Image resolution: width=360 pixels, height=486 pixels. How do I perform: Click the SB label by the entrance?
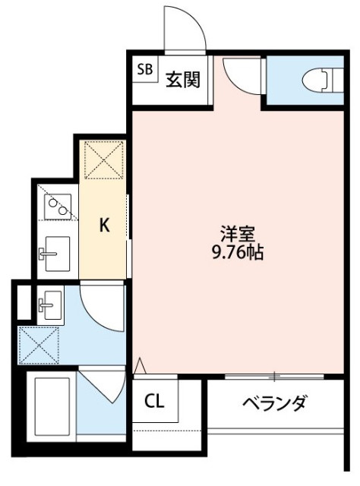144,71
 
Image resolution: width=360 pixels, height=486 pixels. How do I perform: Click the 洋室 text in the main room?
234,233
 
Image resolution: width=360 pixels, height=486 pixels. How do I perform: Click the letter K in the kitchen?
105,225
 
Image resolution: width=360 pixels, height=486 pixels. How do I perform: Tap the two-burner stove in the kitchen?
57,204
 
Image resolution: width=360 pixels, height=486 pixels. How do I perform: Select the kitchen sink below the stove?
54,253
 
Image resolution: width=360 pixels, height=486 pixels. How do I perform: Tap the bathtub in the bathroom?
51,404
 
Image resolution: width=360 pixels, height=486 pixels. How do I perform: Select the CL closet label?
155,400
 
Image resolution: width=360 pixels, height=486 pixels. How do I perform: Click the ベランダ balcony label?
275,402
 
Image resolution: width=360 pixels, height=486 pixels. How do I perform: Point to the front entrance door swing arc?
184,30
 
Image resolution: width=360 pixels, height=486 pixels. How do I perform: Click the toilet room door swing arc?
242,77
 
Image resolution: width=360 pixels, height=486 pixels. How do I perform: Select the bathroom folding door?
103,386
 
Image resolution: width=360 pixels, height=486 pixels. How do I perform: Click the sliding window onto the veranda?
275,376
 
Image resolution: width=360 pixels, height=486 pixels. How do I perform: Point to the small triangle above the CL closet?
140,368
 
